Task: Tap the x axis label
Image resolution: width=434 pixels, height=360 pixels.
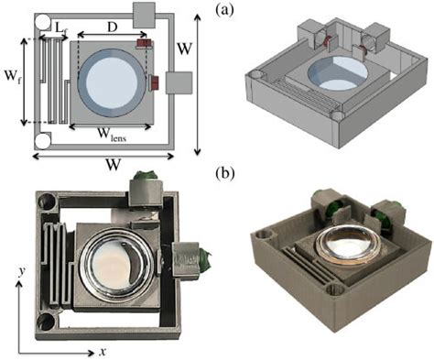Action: (x=103, y=351)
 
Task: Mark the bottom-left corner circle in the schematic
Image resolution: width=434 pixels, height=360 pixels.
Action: (x=41, y=142)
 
